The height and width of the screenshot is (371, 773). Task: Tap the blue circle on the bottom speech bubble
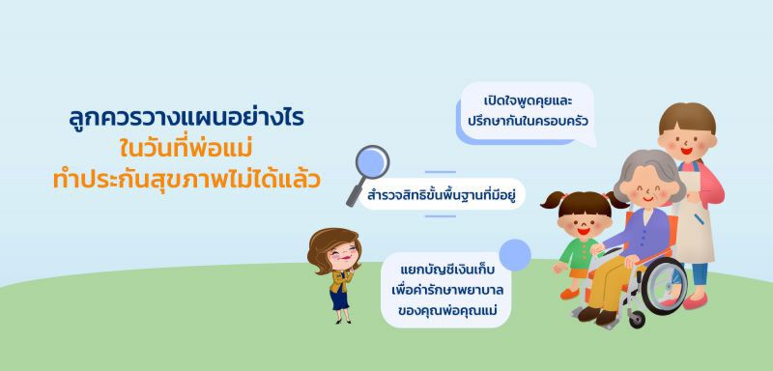click(x=515, y=254)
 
